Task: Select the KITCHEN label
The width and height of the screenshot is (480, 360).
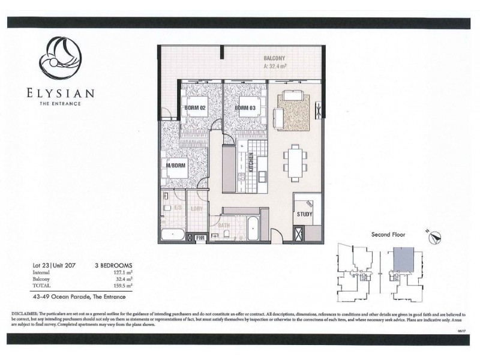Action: coord(251,163)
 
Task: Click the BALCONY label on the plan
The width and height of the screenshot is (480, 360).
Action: coord(276,58)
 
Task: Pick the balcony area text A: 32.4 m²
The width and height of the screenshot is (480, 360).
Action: coord(277,67)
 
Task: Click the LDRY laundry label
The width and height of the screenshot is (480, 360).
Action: coord(196,208)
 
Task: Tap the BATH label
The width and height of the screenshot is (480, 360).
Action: coord(224,226)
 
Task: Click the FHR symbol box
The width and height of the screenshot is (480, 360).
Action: coord(200,238)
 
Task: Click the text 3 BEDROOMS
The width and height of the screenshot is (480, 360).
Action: coord(113,265)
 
